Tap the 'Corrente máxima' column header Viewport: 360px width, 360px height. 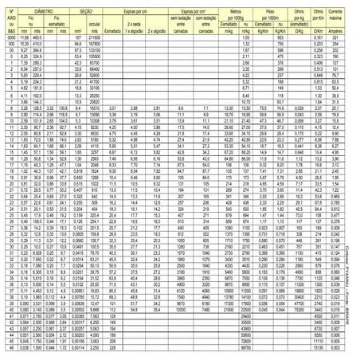338,13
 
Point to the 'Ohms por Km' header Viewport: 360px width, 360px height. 316,13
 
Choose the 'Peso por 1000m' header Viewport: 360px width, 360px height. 279,13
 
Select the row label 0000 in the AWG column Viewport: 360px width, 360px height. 11,37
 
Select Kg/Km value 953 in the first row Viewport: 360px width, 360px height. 278,37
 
